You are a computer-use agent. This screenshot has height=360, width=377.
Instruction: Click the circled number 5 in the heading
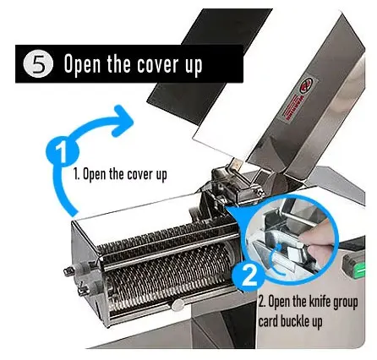coord(38,65)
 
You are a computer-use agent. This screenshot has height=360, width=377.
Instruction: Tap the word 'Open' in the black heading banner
coord(82,65)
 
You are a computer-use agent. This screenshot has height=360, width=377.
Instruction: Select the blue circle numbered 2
coord(249,276)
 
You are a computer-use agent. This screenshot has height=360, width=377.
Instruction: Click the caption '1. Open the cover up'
coord(120,175)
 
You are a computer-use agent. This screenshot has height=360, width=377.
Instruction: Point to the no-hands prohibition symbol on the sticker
coord(306,85)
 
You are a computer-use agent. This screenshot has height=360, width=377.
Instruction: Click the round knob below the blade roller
coord(178,304)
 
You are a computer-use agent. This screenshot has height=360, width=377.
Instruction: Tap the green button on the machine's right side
coord(360,270)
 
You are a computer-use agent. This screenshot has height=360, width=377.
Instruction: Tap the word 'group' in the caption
coord(345,303)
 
